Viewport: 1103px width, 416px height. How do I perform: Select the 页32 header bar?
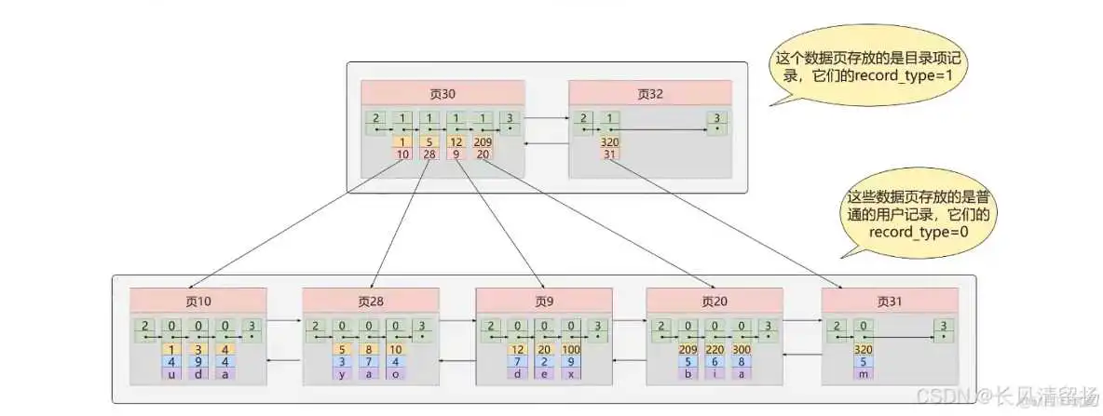(649, 93)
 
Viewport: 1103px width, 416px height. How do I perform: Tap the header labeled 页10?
(197, 301)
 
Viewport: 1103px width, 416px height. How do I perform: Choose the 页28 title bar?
(370, 301)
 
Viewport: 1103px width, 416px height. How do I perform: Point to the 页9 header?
(544, 301)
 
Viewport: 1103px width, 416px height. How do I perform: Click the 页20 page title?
(715, 301)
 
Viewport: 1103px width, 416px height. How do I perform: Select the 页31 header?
(890, 301)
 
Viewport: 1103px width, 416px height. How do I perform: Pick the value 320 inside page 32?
(610, 142)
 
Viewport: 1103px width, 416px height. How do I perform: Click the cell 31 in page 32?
(610, 154)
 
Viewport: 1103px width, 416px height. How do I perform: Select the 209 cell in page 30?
(483, 142)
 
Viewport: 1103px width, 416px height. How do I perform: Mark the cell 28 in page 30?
(429, 154)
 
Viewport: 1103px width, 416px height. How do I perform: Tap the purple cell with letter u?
(171, 373)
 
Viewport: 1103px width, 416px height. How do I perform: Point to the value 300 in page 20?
(741, 349)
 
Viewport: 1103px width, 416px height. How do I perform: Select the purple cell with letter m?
(863, 373)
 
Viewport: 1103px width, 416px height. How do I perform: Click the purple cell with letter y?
(344, 373)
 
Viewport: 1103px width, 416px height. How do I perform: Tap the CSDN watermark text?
(1014, 396)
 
